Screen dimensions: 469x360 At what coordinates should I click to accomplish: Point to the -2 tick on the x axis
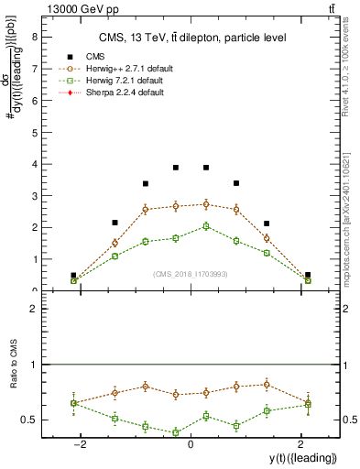pyautogui.click(x=82, y=445)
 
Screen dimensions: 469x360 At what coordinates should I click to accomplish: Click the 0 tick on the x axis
pyautogui.click(x=191, y=445)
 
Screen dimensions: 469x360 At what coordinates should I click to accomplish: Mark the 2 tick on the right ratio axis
pyautogui.click(x=348, y=310)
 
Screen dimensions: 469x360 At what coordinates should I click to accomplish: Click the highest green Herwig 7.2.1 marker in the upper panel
pyautogui.click(x=206, y=226)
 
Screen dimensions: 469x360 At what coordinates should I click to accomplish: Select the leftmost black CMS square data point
pyautogui.click(x=73, y=275)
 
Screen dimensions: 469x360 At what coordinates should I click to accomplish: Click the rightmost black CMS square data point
pyautogui.click(x=308, y=275)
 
